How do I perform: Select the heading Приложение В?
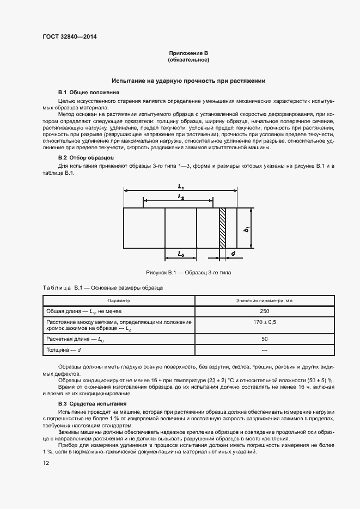coord(188,53)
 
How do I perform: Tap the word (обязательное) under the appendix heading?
coord(188,59)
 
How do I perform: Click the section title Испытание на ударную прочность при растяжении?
coord(188,81)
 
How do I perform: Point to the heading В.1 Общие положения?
coord(88,92)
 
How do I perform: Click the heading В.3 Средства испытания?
coord(92,403)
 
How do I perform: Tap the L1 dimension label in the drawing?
coord(181,186)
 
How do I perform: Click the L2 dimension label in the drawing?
coord(180,198)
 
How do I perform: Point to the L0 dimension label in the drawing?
coord(181,254)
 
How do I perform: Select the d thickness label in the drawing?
coord(233,254)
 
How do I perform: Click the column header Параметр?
coord(119,300)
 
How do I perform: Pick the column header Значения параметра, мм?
coord(265,300)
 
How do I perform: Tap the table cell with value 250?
coord(265,311)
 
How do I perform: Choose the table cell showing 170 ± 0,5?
coord(265,322)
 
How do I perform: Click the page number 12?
coord(46,463)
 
